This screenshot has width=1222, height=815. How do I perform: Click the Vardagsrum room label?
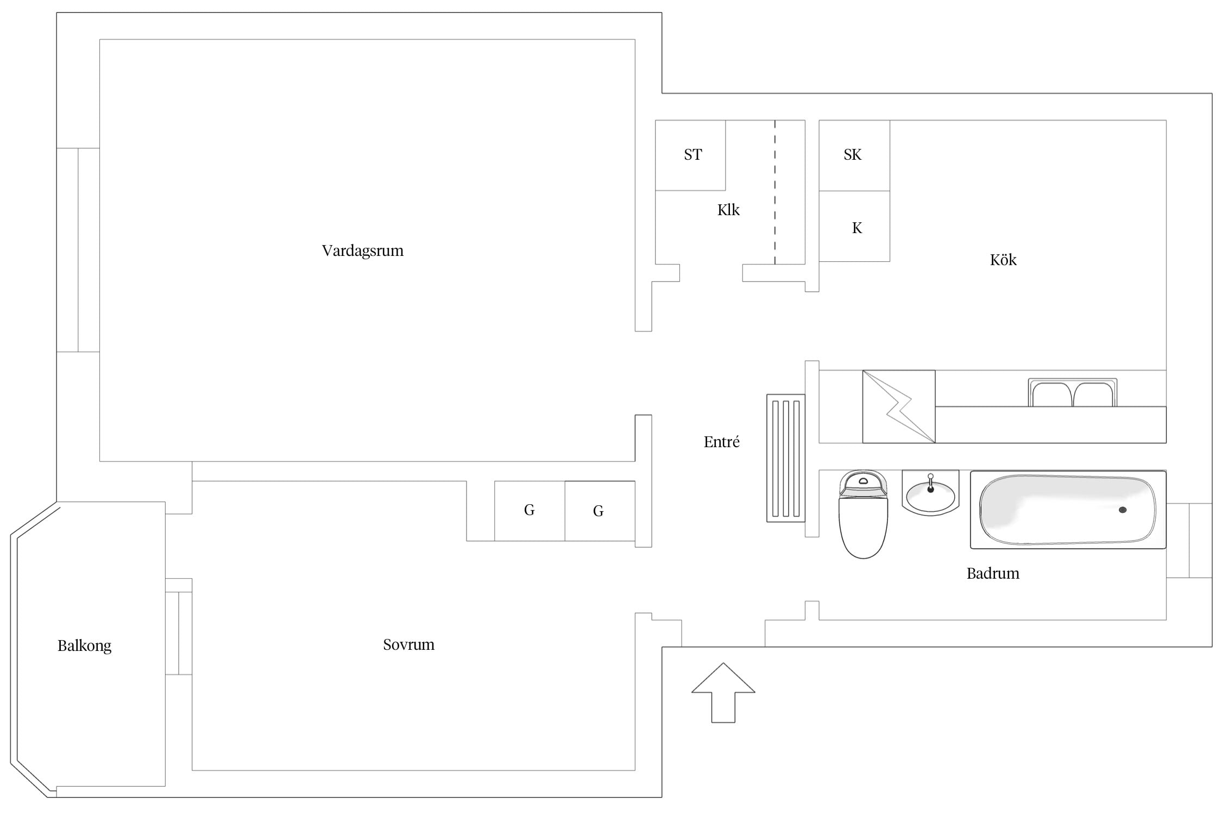(363, 250)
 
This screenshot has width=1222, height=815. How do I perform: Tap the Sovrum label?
(408, 644)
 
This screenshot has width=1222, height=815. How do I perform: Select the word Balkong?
(84, 645)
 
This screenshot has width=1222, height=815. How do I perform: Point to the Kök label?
(1003, 260)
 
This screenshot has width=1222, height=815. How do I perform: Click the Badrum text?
(993, 573)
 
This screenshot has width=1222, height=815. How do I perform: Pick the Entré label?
(721, 442)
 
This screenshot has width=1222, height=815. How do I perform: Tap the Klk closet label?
(728, 210)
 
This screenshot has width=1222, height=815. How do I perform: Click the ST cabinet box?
(690, 155)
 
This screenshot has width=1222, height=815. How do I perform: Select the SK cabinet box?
(854, 155)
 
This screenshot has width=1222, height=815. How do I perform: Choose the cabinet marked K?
(854, 226)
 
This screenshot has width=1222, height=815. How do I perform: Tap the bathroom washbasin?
(930, 493)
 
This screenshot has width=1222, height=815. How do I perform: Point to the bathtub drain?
(1123, 510)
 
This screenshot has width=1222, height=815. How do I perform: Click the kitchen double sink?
(1073, 393)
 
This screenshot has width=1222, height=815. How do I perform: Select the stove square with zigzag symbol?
(899, 406)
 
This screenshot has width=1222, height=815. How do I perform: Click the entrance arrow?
(723, 693)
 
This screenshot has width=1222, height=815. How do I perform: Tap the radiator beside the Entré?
(786, 458)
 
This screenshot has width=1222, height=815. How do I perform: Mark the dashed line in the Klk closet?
(775, 192)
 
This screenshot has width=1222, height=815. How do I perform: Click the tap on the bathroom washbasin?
(930, 483)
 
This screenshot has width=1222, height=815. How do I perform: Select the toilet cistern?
(863, 483)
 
